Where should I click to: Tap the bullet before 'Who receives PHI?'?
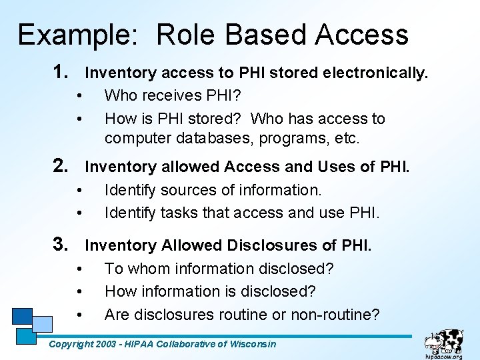point(79,96)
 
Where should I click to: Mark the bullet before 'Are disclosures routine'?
point(79,315)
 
